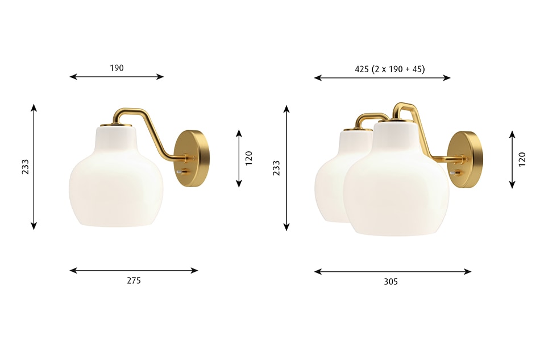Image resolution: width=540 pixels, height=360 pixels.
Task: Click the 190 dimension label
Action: tap(117, 68)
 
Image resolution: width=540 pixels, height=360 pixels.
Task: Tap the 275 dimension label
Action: tap(134, 280)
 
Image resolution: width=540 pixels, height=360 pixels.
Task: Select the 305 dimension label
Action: tap(391, 282)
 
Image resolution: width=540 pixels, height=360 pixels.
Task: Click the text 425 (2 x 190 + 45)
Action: tap(390, 69)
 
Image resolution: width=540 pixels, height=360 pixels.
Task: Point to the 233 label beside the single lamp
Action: tap(25, 167)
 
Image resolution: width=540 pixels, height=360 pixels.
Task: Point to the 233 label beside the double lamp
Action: tap(277, 168)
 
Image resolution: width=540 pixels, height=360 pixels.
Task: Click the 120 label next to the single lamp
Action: tap(248, 158)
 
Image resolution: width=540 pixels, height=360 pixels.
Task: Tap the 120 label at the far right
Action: tap(522, 159)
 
